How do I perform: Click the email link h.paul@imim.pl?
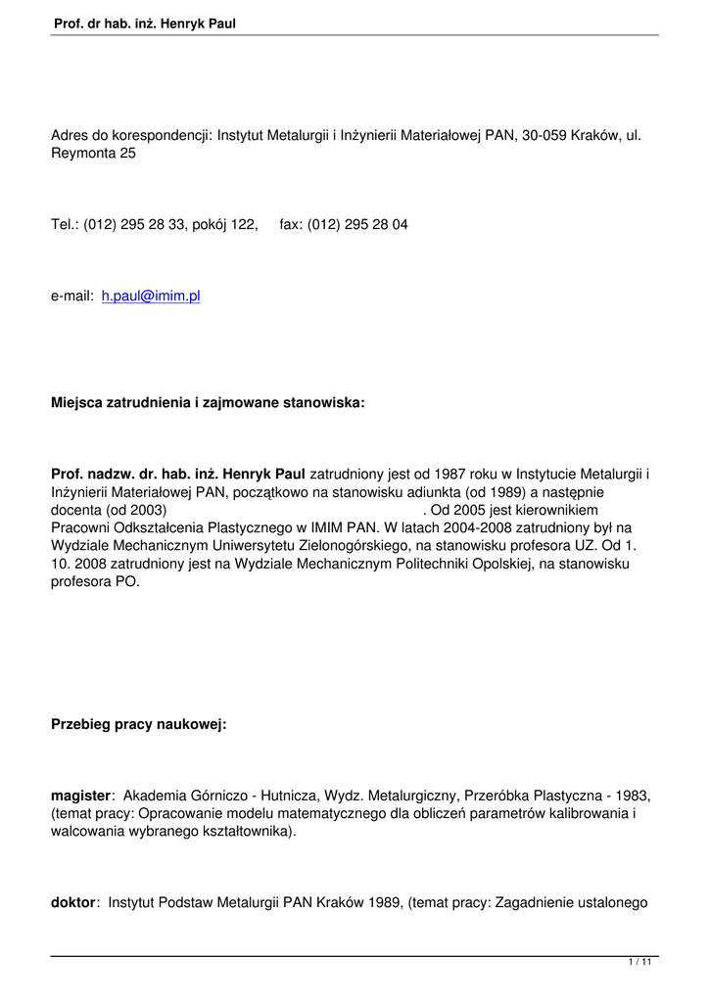click(x=151, y=296)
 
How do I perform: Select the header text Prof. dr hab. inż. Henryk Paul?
click(x=146, y=23)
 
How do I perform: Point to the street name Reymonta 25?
click(x=93, y=154)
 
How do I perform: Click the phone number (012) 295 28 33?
click(x=142, y=225)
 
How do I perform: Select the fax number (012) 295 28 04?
click(x=357, y=225)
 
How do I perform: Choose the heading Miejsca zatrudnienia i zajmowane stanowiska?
click(x=207, y=402)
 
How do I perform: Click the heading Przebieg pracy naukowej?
click(x=138, y=725)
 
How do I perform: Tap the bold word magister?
click(x=82, y=797)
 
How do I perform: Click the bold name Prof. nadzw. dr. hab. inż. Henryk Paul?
click(x=178, y=475)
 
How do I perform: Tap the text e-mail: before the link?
click(x=71, y=296)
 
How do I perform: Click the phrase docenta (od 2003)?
click(x=109, y=510)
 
